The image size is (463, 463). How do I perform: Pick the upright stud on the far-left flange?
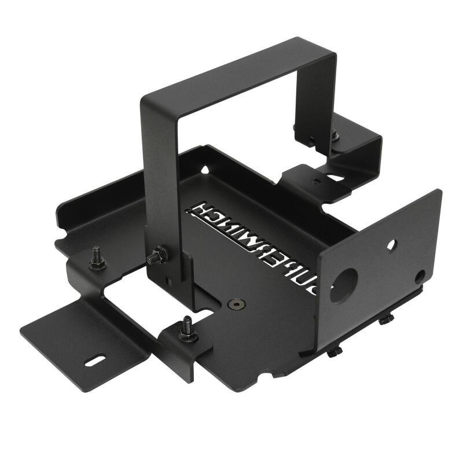pos(97,260)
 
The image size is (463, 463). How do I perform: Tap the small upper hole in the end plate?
pos(392,245)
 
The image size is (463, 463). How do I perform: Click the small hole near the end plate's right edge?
pos(420,277)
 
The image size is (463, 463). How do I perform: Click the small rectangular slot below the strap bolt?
pos(168,281)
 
